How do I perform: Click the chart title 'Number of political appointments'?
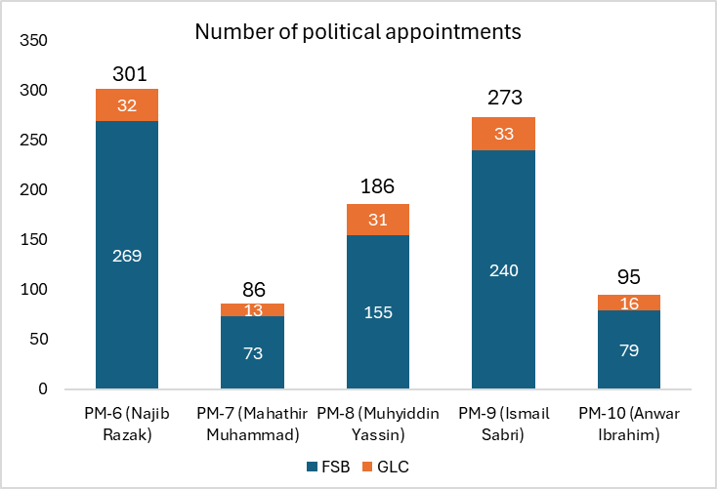358,31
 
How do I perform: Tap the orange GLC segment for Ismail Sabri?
504,134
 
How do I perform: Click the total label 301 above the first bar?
127,74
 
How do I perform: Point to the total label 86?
252,289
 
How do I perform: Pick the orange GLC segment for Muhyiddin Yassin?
378,220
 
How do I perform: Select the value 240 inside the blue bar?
504,270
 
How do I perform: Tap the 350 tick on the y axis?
34,41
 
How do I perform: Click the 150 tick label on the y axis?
34,239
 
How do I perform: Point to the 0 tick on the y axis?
42,388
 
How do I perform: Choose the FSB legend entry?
326,467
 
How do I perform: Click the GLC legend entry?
381,467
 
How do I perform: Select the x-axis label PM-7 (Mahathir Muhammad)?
252,424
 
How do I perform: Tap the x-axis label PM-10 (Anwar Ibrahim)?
629,424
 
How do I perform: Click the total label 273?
504,98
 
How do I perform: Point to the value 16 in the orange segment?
629,303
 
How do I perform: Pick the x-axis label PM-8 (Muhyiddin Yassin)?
378,424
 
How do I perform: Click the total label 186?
378,184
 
